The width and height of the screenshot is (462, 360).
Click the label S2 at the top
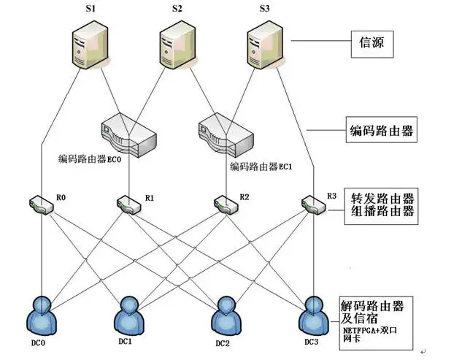tap(177, 9)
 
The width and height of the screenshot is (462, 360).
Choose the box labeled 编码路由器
tap(379, 131)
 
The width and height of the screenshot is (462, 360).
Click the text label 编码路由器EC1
tap(261, 166)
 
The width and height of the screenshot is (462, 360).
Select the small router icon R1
tap(129, 204)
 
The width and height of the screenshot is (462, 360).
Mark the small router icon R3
tap(313, 204)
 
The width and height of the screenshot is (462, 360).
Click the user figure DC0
tap(42, 315)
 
